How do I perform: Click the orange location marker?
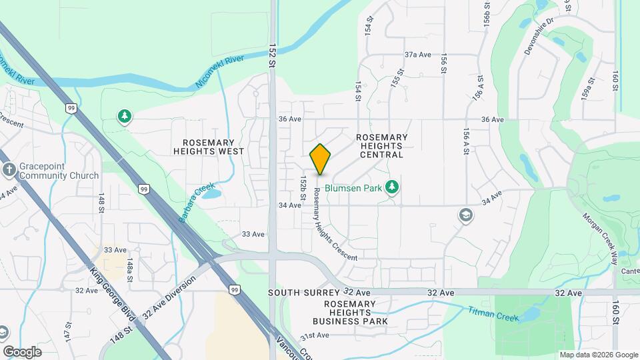pyautogui.click(x=320, y=159)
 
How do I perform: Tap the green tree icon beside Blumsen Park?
pyautogui.click(x=393, y=188)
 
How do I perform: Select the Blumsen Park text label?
pyautogui.click(x=357, y=189)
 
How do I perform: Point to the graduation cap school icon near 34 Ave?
pyautogui.click(x=465, y=215)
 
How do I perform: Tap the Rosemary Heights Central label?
pyautogui.click(x=381, y=145)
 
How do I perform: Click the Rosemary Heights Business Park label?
pyautogui.click(x=356, y=313)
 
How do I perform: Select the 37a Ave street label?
pyautogui.click(x=419, y=55)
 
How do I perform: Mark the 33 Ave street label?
pyautogui.click(x=253, y=234)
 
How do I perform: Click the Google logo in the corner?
pyautogui.click(x=23, y=352)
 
